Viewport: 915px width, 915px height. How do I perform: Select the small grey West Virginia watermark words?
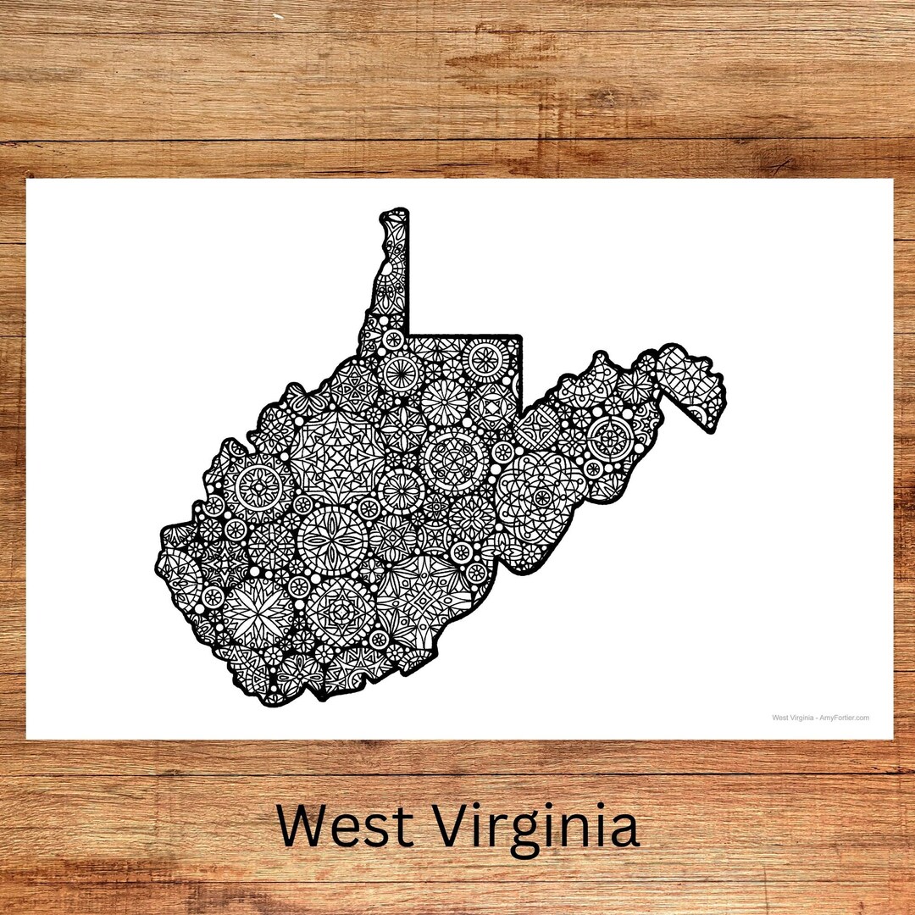pos(793,718)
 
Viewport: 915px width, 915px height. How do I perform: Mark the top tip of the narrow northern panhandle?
pos(395,211)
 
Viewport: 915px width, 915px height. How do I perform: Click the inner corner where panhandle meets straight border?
pos(409,335)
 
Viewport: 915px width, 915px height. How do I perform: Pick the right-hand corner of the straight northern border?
pos(519,337)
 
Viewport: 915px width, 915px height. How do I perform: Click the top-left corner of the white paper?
pos(26,180)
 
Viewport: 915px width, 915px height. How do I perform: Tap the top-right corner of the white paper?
pos(892,180)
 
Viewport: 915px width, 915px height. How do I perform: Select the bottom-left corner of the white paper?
pos(26,739)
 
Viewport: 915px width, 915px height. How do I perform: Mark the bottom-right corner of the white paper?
pos(892,739)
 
